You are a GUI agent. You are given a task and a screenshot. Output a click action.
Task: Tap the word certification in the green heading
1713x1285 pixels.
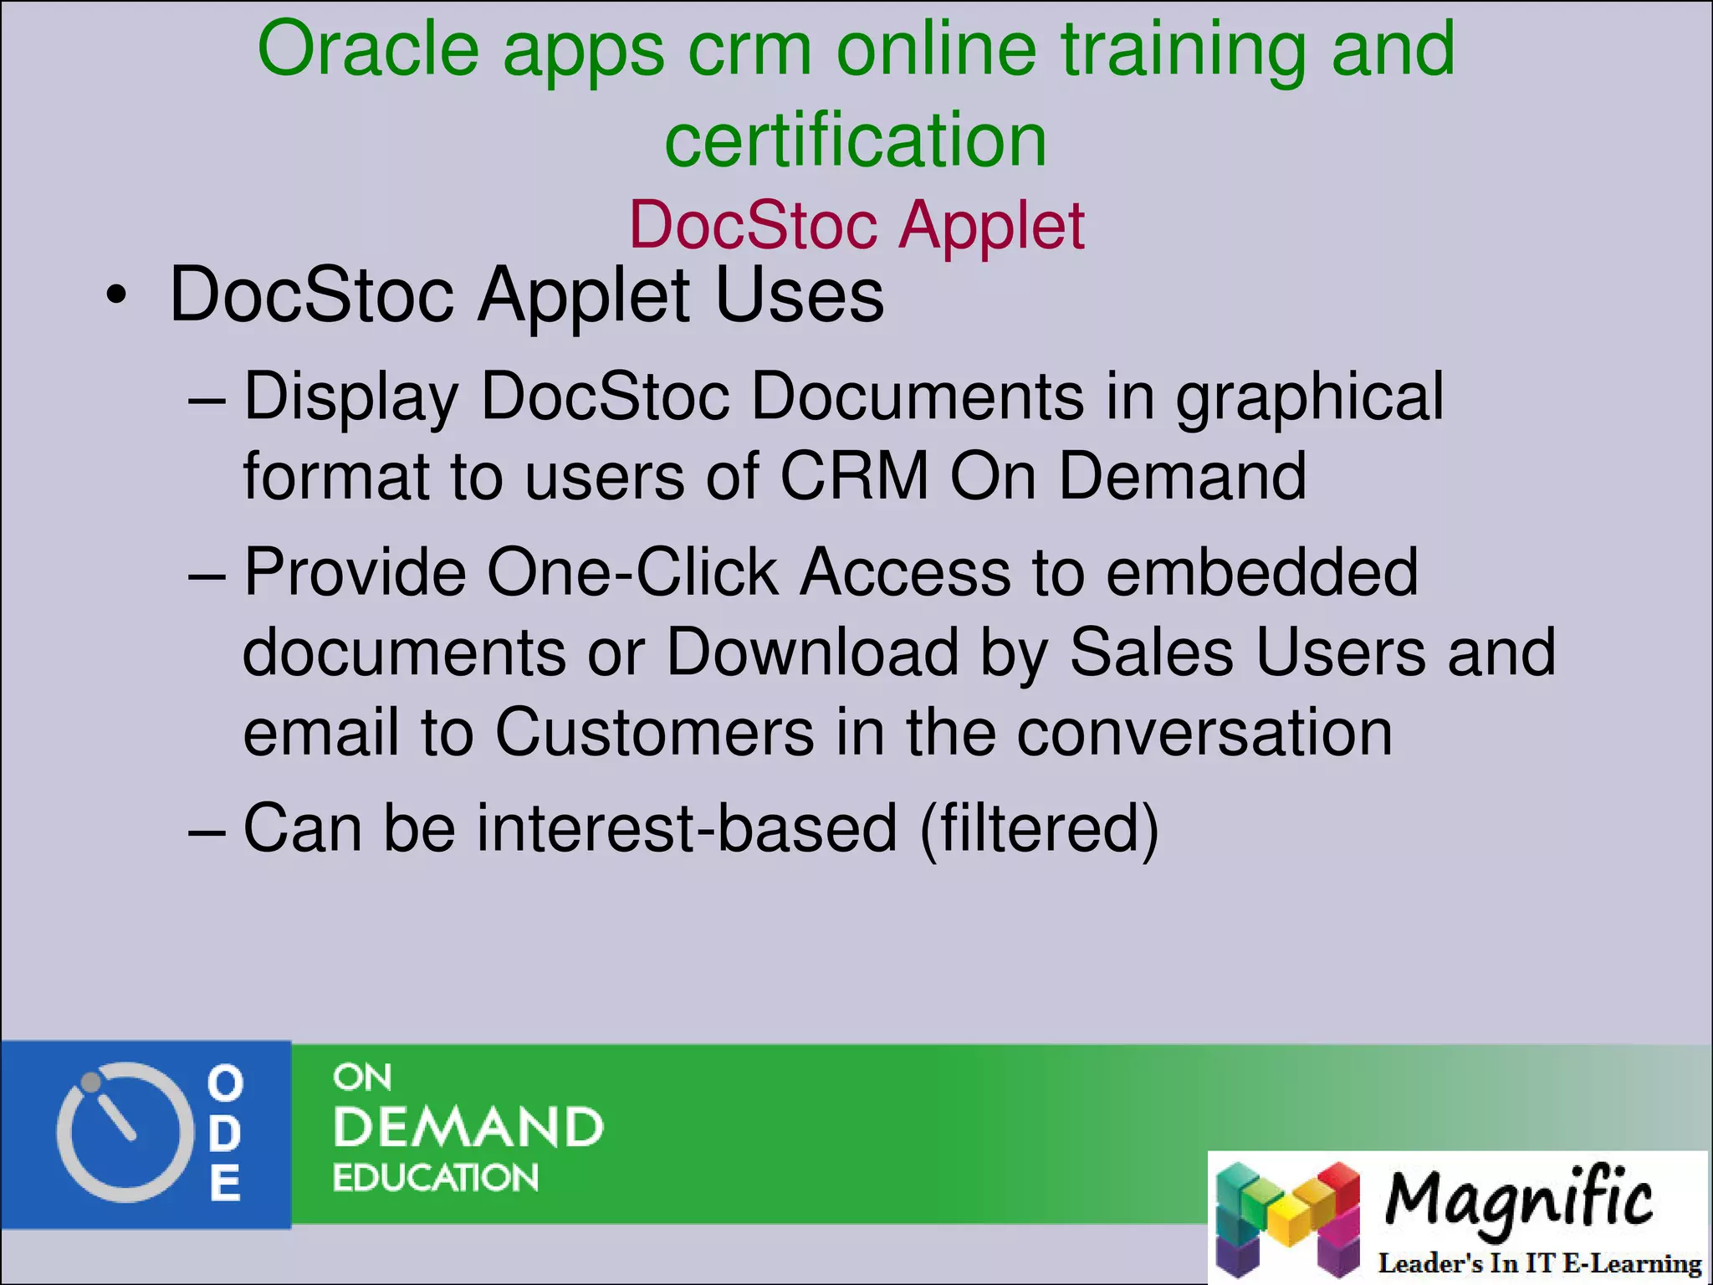click(855, 141)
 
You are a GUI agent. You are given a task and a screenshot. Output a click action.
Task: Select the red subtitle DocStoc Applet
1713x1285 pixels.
click(856, 226)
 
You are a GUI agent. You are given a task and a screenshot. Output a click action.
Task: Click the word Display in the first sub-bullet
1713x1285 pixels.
click(351, 397)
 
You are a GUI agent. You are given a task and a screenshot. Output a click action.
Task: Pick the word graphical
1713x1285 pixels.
click(1310, 397)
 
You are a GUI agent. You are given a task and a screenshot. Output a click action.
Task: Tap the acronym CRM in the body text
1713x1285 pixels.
click(854, 476)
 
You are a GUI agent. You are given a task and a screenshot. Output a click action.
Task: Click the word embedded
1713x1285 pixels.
click(1262, 572)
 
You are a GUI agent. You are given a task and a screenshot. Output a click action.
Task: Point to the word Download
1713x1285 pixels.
click(812, 653)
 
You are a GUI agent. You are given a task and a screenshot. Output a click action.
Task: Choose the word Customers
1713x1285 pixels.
click(654, 732)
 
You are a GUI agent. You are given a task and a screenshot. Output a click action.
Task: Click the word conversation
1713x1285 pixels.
click(1204, 732)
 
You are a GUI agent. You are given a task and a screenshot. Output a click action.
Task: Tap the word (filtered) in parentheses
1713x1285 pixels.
click(1039, 828)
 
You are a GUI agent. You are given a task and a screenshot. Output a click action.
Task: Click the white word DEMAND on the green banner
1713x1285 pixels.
click(468, 1128)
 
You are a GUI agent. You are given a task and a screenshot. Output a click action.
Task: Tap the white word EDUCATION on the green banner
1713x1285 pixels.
click(435, 1178)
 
